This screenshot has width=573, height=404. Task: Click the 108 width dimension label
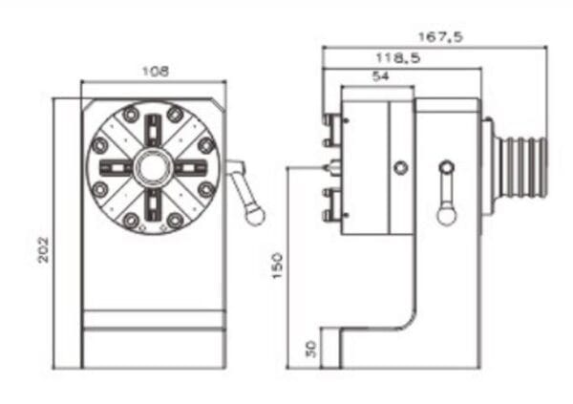tap(153, 72)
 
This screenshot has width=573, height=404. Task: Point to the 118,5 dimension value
tap(402, 58)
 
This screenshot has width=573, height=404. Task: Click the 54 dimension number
tap(380, 78)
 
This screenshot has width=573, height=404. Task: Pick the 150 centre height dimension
tap(277, 266)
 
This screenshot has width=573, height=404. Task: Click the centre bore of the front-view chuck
tap(153, 168)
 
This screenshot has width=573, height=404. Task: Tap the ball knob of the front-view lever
tap(254, 216)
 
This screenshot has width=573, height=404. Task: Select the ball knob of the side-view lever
tap(445, 216)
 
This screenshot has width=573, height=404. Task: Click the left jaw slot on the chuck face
tap(115, 169)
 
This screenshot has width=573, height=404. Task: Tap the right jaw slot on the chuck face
tap(191, 169)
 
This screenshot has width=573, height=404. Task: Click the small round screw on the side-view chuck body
tap(401, 168)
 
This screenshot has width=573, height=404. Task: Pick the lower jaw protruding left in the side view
tap(332, 203)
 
